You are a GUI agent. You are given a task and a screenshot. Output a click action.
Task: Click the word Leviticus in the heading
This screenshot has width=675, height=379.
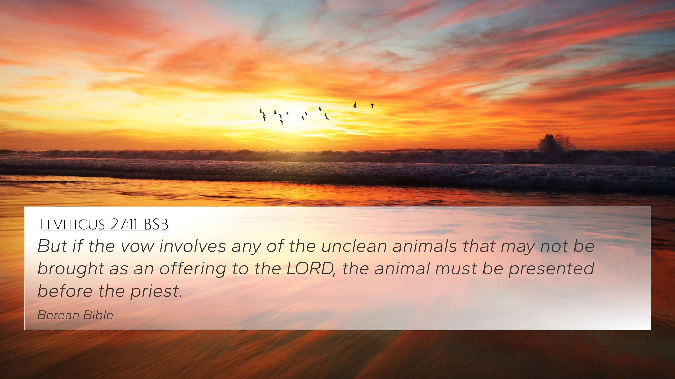click(72, 224)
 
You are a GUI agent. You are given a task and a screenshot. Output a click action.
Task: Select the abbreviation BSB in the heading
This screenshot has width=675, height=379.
click(156, 224)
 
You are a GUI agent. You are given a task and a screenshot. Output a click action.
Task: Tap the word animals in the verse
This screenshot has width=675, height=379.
click(425, 246)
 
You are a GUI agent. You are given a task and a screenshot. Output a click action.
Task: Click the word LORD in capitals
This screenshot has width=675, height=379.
click(310, 269)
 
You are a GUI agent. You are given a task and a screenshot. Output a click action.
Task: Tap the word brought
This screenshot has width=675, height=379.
click(71, 269)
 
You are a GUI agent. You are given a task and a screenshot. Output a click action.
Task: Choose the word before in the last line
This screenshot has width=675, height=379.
click(65, 291)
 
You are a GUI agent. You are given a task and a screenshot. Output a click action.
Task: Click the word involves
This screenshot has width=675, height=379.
click(193, 246)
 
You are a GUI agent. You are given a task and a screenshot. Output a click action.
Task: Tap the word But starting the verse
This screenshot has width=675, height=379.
click(52, 246)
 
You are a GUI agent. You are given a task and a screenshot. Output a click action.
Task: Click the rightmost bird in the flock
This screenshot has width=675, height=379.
click(372, 106)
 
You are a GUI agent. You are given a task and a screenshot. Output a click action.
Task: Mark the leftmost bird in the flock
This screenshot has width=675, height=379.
click(261, 111)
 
